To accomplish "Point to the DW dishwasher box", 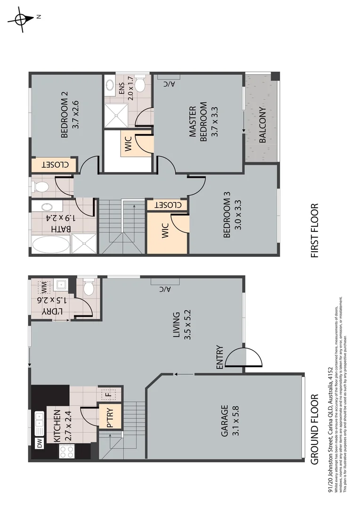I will [x=40, y=443].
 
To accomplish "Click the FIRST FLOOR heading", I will [x=315, y=230].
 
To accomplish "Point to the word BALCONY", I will [x=262, y=124].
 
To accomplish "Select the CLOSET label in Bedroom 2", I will [x=53, y=165].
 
